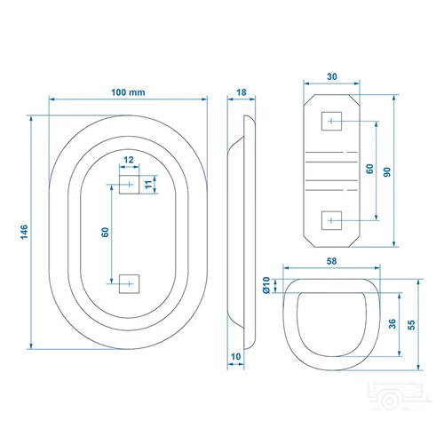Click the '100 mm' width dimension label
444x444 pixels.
(128, 92)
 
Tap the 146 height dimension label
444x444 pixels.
(24, 232)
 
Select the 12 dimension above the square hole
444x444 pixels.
(129, 160)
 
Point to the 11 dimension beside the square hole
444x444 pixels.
(148, 184)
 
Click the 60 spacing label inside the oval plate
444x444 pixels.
(105, 232)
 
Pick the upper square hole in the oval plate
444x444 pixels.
(129, 185)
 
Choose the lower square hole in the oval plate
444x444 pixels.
(129, 284)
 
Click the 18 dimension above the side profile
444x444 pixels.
(242, 92)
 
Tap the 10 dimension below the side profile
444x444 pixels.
(235, 357)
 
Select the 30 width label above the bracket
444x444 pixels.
(332, 76)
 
